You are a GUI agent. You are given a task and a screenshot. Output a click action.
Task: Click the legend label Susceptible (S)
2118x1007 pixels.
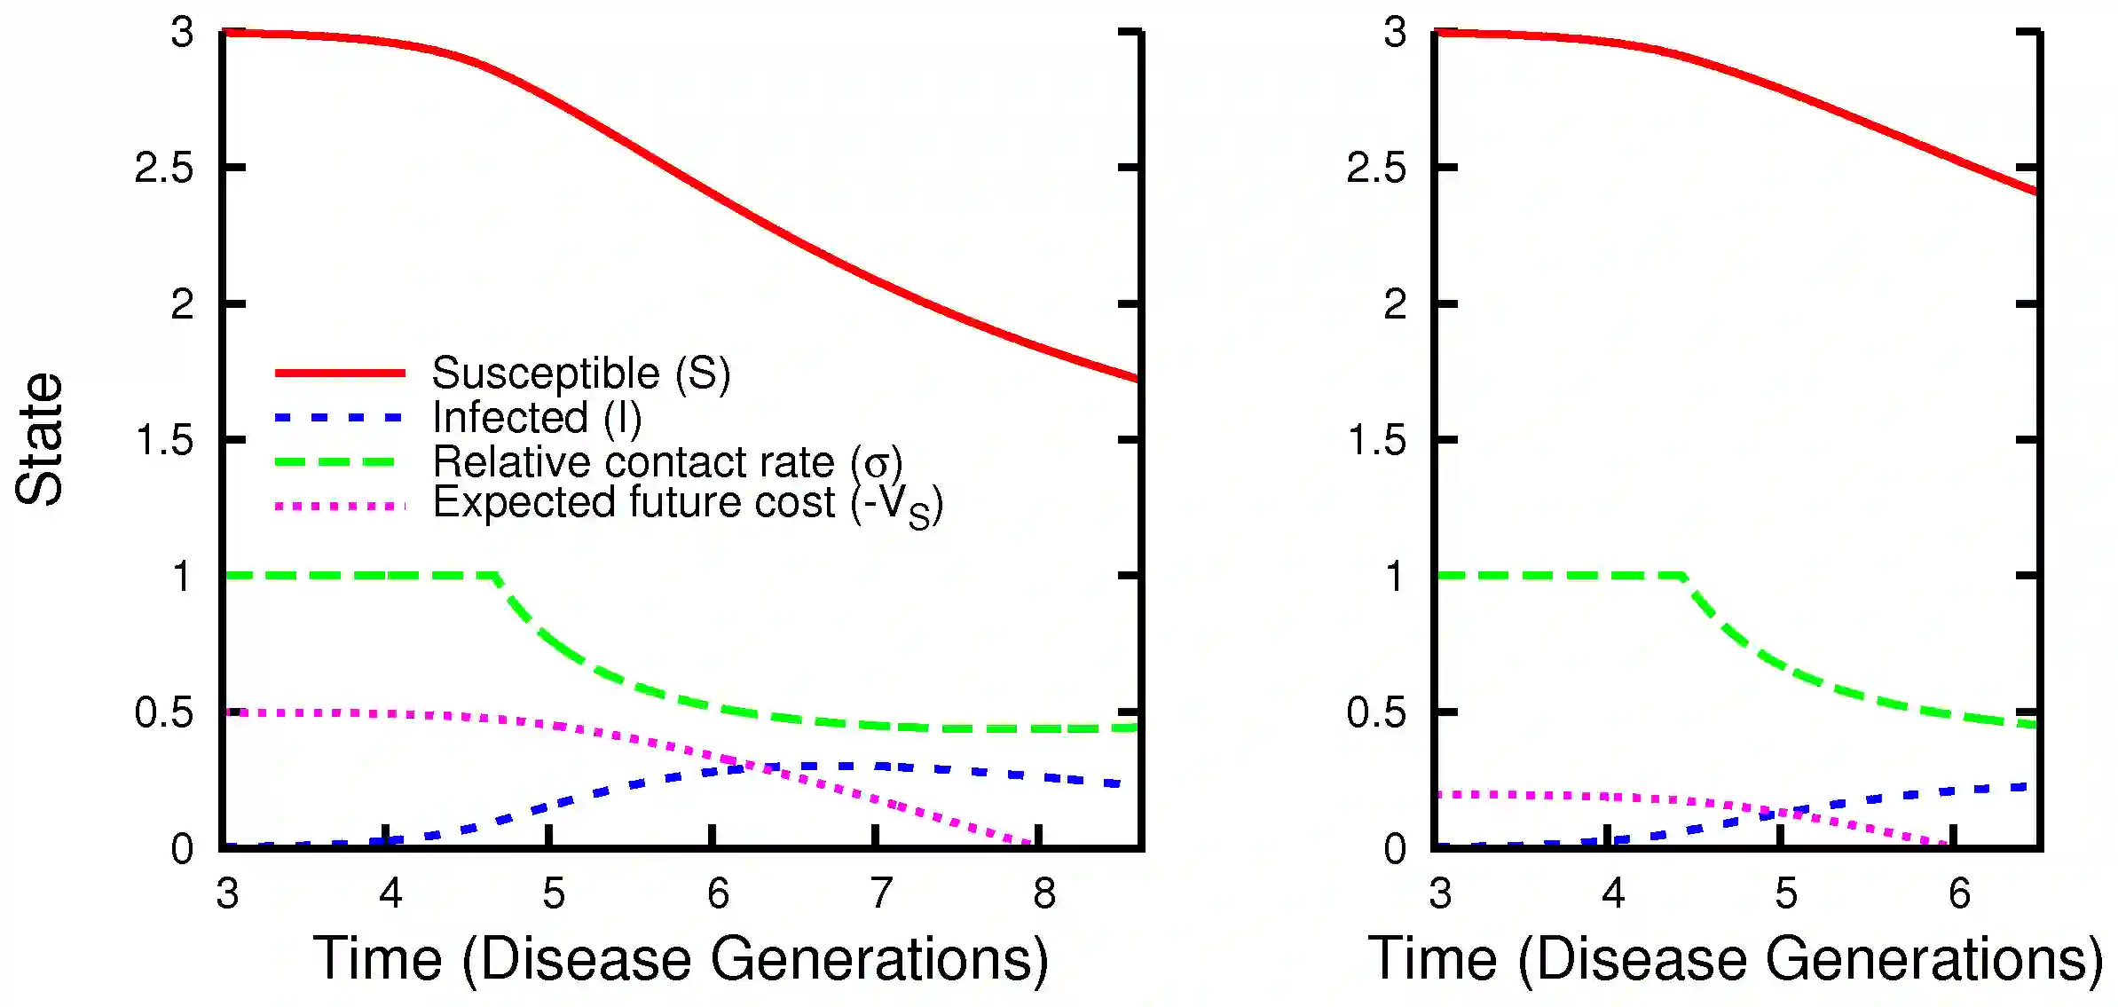click(581, 373)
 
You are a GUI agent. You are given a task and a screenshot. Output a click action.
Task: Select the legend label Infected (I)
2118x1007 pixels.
click(536, 418)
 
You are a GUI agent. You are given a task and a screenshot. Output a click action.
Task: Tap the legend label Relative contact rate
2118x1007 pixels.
click(667, 462)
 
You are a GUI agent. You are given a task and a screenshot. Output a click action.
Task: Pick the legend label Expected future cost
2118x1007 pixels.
click(687, 504)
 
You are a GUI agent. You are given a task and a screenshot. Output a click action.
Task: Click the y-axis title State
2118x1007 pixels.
click(40, 439)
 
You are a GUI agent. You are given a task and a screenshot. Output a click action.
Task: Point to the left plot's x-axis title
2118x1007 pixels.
click(681, 959)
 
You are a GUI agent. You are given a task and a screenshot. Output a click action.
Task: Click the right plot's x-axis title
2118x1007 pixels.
click(1735, 959)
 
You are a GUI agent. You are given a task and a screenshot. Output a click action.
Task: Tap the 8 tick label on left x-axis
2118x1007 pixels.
click(1044, 893)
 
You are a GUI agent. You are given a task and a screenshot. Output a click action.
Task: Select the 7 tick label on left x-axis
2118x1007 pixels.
click(880, 893)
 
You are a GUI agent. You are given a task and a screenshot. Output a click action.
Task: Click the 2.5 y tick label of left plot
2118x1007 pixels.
click(164, 168)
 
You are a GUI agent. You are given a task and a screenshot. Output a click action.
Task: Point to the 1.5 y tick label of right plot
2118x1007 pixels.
click(1376, 440)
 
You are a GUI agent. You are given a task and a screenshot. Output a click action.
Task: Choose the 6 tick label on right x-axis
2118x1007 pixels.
click(1959, 893)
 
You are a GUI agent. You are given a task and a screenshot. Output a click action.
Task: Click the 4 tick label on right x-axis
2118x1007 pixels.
click(1613, 893)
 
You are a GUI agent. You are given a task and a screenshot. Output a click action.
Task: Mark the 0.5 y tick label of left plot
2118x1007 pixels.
click(164, 712)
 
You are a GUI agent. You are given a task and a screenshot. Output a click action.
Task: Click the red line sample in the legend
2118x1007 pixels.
click(340, 373)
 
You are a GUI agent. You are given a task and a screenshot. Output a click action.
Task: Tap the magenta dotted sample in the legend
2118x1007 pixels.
click(340, 507)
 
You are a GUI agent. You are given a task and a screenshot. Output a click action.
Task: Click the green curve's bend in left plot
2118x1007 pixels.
click(497, 577)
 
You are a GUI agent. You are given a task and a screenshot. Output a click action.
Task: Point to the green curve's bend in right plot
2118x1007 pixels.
click(1683, 577)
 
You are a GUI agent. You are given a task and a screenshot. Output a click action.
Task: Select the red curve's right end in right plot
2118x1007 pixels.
click(2035, 191)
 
